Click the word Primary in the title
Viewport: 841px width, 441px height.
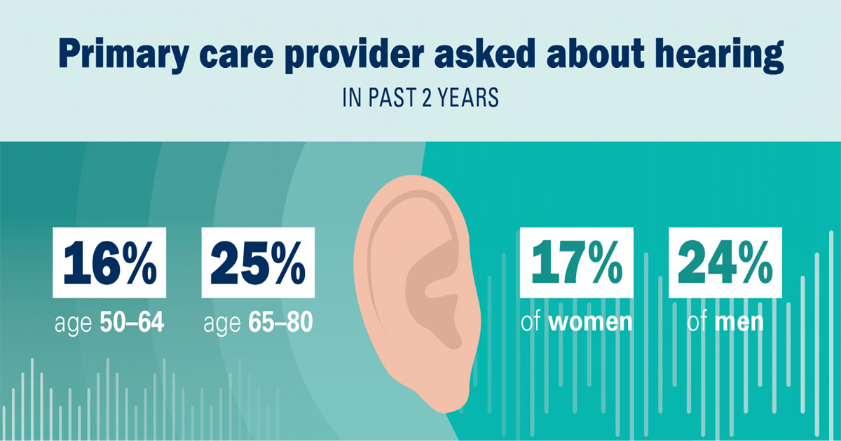[x=123, y=55]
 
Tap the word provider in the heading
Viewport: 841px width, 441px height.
[x=354, y=55]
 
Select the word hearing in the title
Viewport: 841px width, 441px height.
[x=719, y=55]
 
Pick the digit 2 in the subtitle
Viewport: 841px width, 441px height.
[x=426, y=97]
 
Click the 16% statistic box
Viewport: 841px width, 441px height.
[x=109, y=262]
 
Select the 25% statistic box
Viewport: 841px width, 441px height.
[x=258, y=262]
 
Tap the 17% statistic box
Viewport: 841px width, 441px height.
[x=576, y=262]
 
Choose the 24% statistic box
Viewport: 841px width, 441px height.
[x=725, y=262]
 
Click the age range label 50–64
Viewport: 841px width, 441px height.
[x=132, y=322]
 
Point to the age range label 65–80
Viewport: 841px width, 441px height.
[x=280, y=322]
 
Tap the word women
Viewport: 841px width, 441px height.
[x=590, y=323]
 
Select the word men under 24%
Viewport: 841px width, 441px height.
[x=739, y=323]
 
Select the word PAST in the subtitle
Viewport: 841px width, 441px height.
[x=391, y=97]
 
